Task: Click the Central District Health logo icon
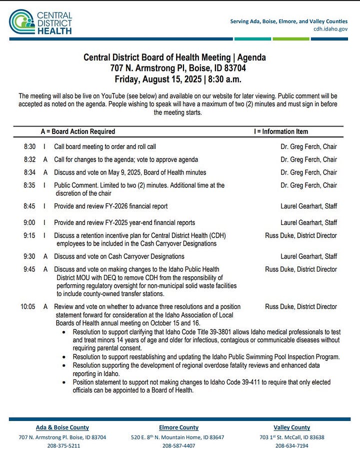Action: [x=21, y=22]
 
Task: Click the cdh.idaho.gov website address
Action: [x=330, y=29]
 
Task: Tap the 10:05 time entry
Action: [x=27, y=306]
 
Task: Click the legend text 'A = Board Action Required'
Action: [x=78, y=131]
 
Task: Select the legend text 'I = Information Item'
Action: [x=281, y=131]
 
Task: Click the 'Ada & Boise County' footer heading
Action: [x=62, y=427]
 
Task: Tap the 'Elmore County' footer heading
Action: [x=178, y=427]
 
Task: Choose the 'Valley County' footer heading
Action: [x=292, y=427]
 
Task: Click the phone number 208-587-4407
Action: [x=178, y=445]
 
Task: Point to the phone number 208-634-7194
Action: [x=292, y=445]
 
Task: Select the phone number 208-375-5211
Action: [x=62, y=445]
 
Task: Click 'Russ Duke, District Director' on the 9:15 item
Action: [x=301, y=235]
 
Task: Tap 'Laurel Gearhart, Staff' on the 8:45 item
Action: [x=308, y=206]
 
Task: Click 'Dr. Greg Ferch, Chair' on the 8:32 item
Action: [x=308, y=159]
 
